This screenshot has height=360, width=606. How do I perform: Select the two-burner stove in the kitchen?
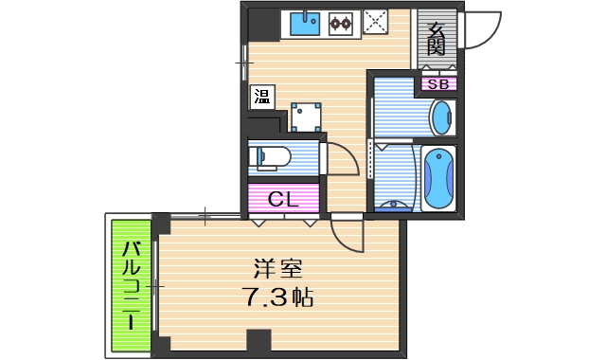click(x=341, y=24)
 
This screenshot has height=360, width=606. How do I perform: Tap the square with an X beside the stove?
click(x=378, y=22)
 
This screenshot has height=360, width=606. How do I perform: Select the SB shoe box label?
click(x=438, y=84)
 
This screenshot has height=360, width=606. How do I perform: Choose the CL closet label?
click(x=283, y=199)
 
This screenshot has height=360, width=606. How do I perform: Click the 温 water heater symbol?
click(x=260, y=96)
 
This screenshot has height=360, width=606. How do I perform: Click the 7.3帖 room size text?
click(x=275, y=297)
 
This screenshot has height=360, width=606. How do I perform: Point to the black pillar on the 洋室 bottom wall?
click(x=258, y=342)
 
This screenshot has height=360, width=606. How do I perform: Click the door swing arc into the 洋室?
click(x=348, y=237)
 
